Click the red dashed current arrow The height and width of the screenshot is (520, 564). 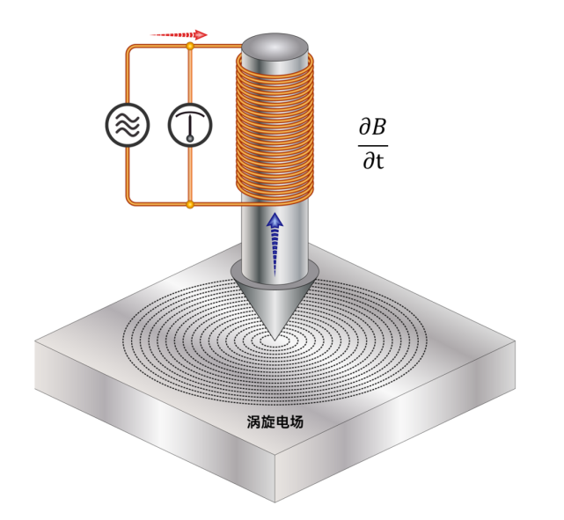179,35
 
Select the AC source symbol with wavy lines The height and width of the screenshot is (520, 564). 128,125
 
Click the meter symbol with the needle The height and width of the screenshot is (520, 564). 190,125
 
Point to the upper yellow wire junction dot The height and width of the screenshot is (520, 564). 190,46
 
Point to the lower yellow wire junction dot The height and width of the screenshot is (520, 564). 190,205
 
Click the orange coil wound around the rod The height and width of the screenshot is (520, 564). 275,128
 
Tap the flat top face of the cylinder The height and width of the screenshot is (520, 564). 275,48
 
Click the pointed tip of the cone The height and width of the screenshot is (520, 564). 275,341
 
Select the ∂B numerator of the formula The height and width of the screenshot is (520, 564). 373,127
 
